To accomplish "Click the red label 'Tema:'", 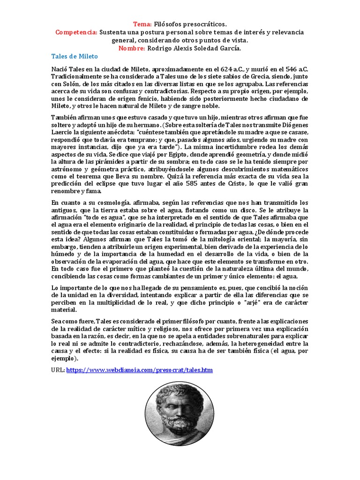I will pos(142,24).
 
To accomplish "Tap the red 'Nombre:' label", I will pos(132,48).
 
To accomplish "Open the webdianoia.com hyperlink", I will pos(140,370).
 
